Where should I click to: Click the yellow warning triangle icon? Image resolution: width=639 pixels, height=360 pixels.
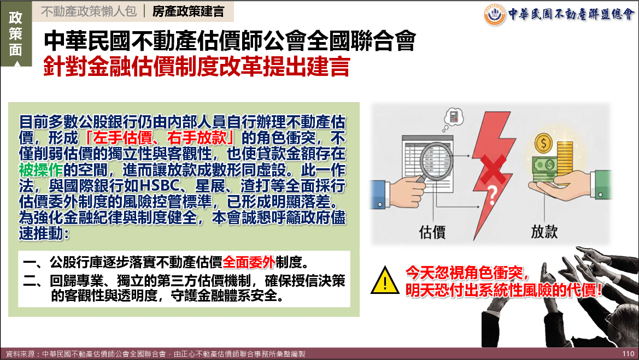coord(385,280)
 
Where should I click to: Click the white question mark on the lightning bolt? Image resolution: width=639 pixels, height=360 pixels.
coord(493,195)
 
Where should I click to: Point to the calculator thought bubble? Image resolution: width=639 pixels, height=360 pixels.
coord(454,118)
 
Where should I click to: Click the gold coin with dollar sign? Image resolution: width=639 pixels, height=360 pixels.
coord(544,143)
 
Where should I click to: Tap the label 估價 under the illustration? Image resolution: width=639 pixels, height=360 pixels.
coord(432,232)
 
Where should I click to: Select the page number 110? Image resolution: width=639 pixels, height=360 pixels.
coord(628,354)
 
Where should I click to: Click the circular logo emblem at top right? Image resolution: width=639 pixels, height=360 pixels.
coord(495,15)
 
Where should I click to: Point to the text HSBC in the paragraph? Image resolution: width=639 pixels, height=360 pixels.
coord(160,186)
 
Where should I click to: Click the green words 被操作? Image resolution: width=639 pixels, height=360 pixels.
coord(41,170)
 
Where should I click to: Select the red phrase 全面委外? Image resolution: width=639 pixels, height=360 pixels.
coord(249,262)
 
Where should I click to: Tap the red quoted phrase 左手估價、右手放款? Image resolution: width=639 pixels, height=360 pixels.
coord(160,138)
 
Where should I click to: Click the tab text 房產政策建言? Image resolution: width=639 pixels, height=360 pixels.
coord(188,11)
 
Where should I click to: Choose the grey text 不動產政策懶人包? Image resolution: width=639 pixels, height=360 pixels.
coord(89,11)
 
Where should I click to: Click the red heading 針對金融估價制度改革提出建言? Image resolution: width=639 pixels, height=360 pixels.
coord(197,67)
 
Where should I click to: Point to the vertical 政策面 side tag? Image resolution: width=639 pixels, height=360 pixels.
coord(15,34)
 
